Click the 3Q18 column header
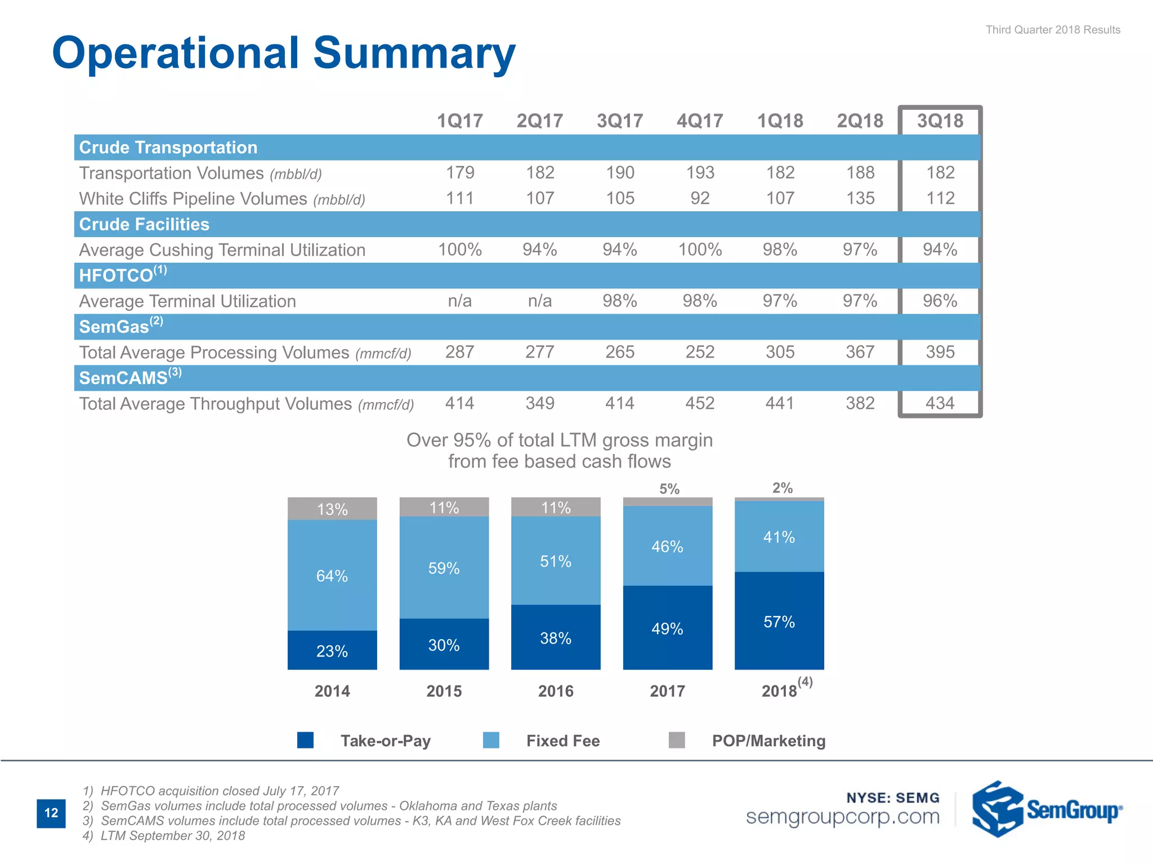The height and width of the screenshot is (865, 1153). pyautogui.click(x=940, y=121)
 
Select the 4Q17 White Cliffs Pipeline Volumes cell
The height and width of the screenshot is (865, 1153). pyautogui.click(x=700, y=198)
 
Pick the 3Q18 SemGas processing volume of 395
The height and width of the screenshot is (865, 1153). pyautogui.click(x=940, y=352)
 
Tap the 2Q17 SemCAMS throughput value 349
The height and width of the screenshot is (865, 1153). pyautogui.click(x=539, y=403)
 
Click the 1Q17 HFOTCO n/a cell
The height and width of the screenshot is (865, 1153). pyautogui.click(x=459, y=301)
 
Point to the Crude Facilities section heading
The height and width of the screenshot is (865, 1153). pyautogui.click(x=144, y=224)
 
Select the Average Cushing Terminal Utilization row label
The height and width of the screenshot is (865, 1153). pyautogui.click(x=222, y=250)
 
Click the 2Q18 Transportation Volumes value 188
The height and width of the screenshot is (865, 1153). pyautogui.click(x=860, y=172)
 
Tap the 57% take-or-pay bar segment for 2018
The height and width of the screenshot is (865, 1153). pyautogui.click(x=779, y=621)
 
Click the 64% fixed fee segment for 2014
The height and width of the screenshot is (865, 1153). pyautogui.click(x=332, y=576)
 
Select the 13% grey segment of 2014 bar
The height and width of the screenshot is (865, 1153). pyautogui.click(x=332, y=509)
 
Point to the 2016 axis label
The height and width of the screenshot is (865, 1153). pyautogui.click(x=556, y=691)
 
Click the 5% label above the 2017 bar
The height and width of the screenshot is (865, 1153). pyautogui.click(x=669, y=489)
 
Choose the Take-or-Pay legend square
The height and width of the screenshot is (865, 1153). pyautogui.click(x=305, y=740)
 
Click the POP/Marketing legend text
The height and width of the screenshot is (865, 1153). pyautogui.click(x=768, y=741)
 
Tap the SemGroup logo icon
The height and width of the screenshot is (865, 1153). pyautogui.click(x=997, y=809)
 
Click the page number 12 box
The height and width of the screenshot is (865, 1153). pyautogui.click(x=51, y=813)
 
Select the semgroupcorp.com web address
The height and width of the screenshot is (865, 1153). pyautogui.click(x=842, y=817)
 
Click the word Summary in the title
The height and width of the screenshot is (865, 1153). pyautogui.click(x=414, y=53)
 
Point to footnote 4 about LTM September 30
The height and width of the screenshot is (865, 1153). pyautogui.click(x=164, y=836)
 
